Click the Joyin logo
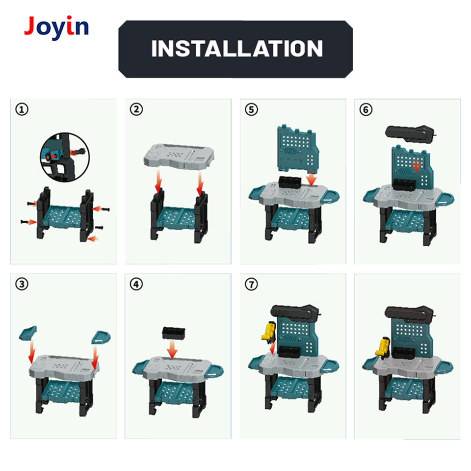click(x=56, y=27)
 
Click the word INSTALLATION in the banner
click(x=237, y=49)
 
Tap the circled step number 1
click(x=22, y=109)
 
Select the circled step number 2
click(x=136, y=109)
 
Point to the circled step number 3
click(x=22, y=284)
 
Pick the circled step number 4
click(x=136, y=284)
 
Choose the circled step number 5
click(x=251, y=109)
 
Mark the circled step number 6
click(x=366, y=109)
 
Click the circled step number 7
click(x=251, y=284)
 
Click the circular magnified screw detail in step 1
click(x=65, y=157)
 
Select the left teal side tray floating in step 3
click(x=28, y=333)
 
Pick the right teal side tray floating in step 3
click(x=101, y=337)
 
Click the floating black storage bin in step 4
click(x=174, y=333)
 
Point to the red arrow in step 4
click(x=172, y=349)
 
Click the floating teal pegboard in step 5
click(x=297, y=150)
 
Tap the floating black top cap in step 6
click(x=410, y=133)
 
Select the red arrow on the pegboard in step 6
click(x=417, y=166)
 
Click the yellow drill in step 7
click(x=269, y=332)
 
